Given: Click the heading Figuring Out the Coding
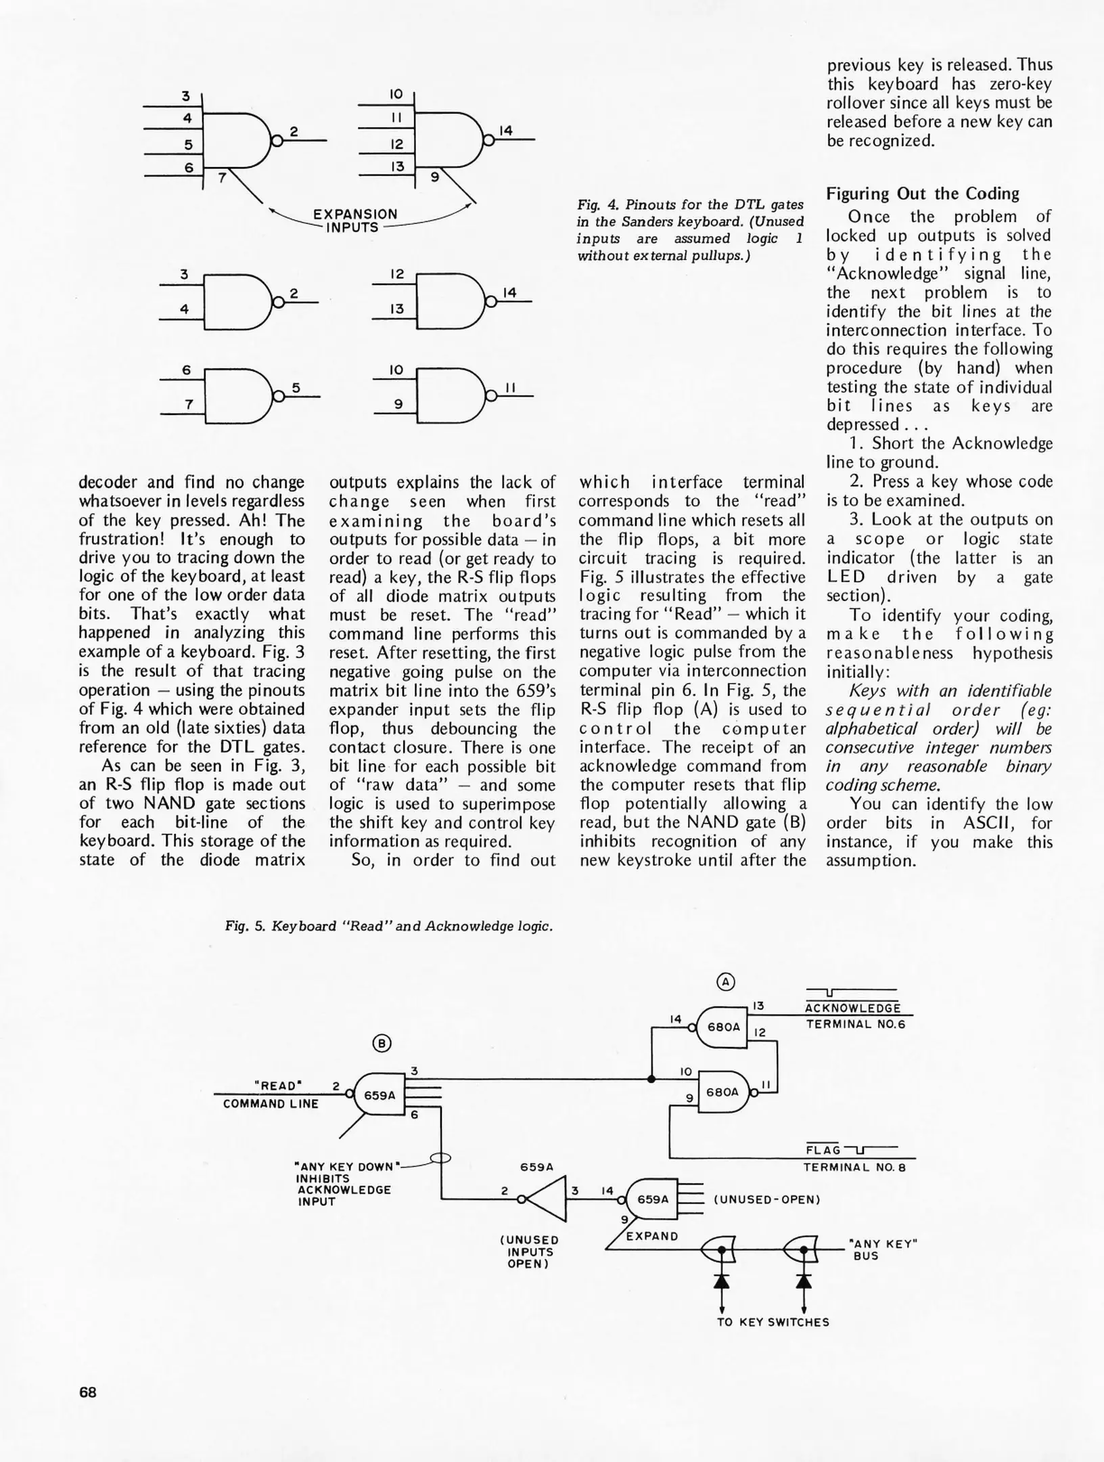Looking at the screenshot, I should point(922,194).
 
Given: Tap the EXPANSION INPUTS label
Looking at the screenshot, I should point(354,221).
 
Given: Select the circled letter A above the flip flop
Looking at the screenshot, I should point(725,981).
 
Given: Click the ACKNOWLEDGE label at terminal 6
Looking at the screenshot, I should point(853,1009).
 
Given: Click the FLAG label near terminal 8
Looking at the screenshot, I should point(823,1150).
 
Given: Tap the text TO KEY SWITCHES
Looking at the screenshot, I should point(773,1322).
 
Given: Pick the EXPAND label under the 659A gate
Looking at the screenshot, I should point(651,1236).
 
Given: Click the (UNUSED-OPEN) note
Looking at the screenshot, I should point(766,1199).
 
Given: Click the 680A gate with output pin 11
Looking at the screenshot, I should point(722,1092).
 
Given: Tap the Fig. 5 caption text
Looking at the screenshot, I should point(389,926).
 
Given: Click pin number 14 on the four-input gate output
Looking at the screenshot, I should point(506,131).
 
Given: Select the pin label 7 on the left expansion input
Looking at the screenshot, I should point(221,179).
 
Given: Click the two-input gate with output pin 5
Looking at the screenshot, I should point(237,396).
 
